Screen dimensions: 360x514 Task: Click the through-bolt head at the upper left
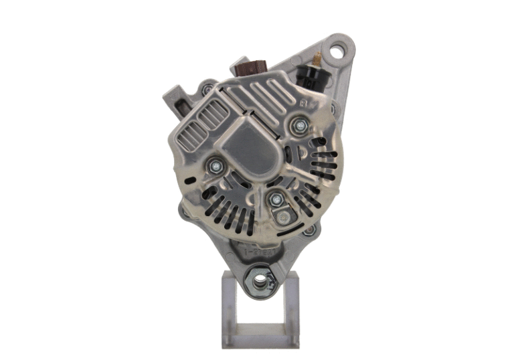click(x=205, y=88)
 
